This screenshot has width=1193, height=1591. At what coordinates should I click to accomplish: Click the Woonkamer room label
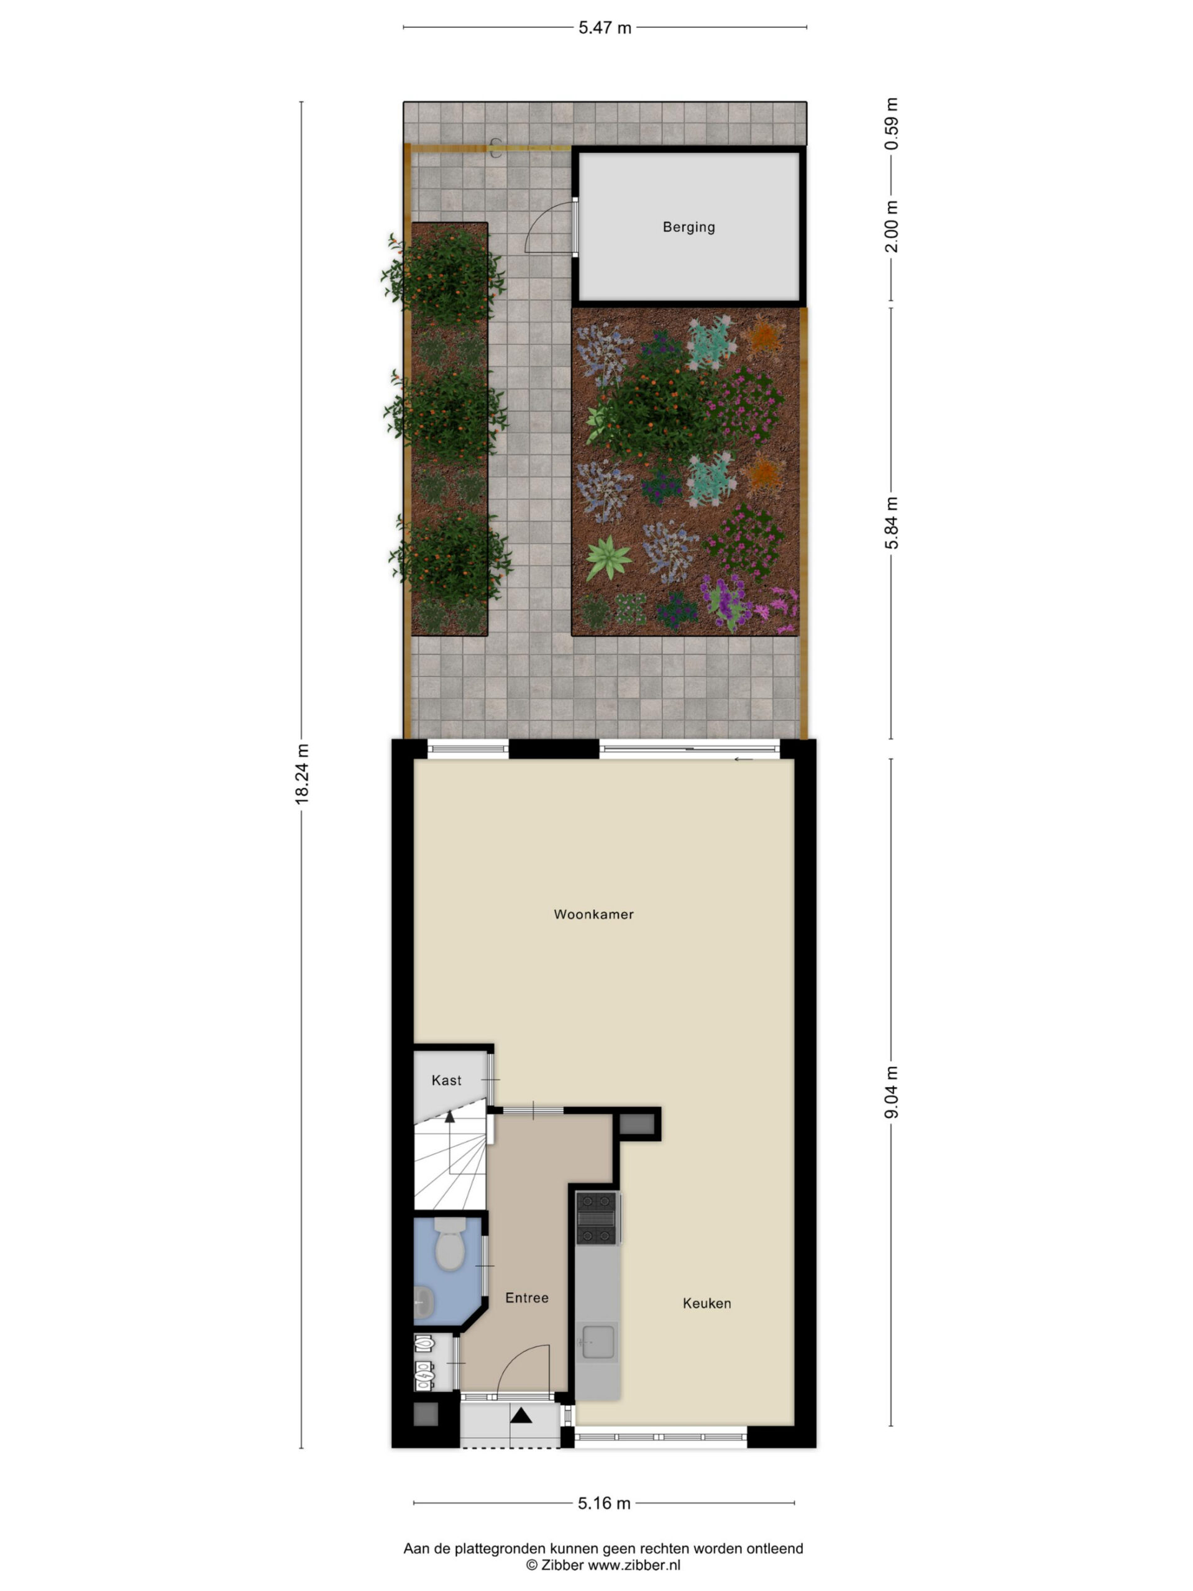(593, 914)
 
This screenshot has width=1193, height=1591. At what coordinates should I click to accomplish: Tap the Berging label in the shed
(689, 227)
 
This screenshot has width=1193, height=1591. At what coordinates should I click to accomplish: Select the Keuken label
(707, 1303)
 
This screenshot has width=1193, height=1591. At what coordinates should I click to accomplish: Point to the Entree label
(526, 1298)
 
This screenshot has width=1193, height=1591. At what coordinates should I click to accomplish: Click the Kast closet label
(447, 1080)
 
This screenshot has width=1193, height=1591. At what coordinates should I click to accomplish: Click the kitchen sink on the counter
(598, 1342)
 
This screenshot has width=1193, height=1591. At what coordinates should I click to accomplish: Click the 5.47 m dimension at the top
(605, 28)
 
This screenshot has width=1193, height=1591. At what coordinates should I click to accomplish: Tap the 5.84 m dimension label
(892, 523)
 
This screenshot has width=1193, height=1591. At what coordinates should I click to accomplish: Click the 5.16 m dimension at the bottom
(604, 1503)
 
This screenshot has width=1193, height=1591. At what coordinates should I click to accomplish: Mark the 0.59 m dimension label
(892, 123)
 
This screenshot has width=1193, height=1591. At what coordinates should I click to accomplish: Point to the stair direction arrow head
(450, 1116)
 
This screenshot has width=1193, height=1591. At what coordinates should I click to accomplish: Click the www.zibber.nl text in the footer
(634, 1565)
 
